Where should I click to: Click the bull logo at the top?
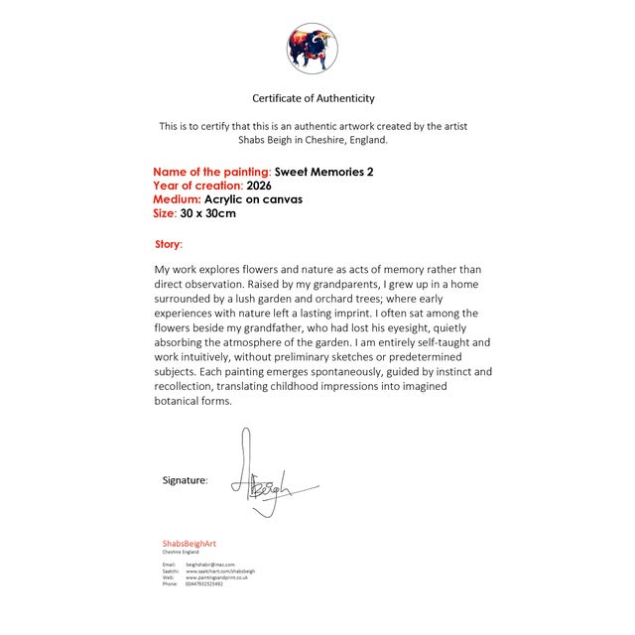point(313,49)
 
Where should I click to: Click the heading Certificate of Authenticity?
point(314,98)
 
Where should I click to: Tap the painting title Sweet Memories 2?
point(323,172)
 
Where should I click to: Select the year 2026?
point(259,186)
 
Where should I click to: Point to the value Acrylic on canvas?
point(253,199)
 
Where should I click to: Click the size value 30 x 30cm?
point(208,213)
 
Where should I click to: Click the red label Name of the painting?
point(210,172)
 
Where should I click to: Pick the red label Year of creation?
point(197,186)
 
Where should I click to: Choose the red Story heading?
point(169,244)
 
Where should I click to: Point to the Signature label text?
point(185,480)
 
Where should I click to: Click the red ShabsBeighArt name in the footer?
point(189,544)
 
